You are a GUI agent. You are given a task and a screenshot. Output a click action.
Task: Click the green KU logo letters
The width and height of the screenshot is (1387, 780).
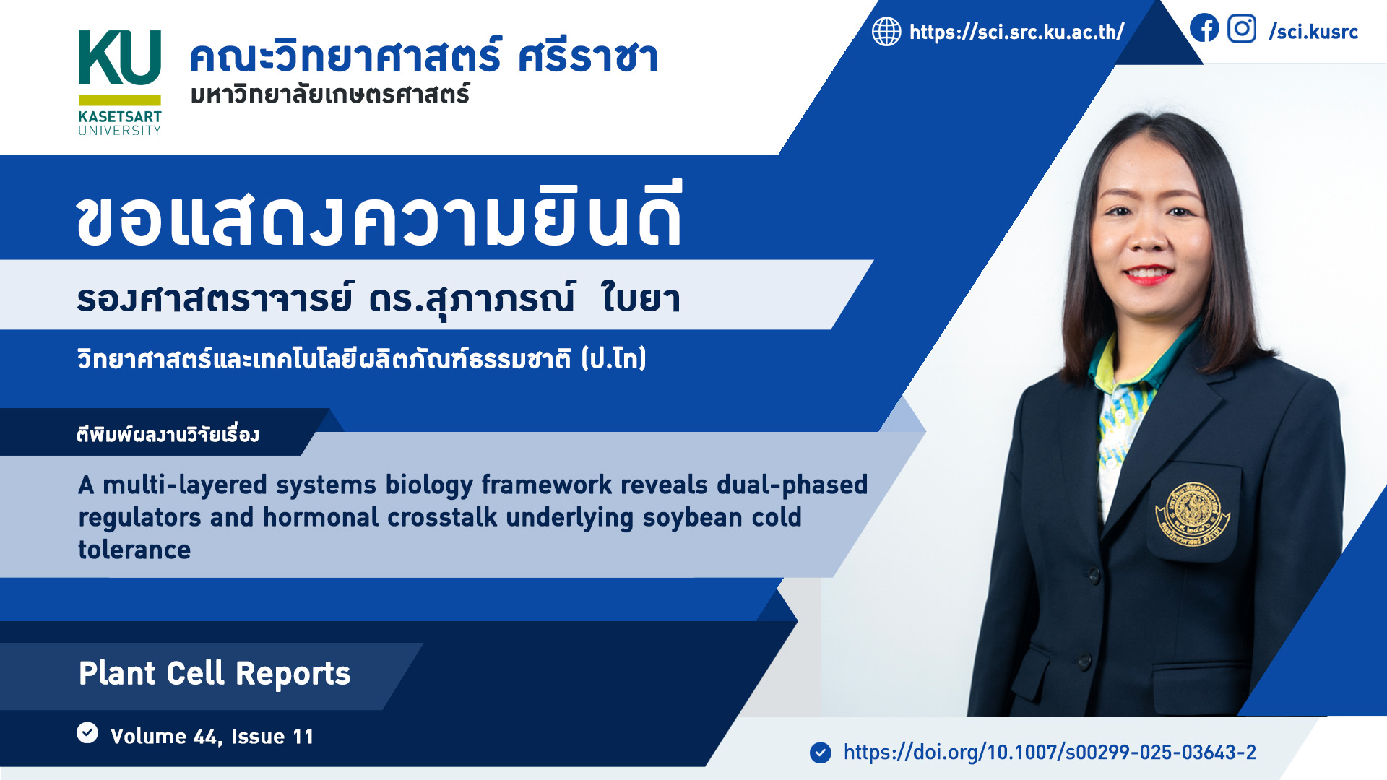(x=119, y=58)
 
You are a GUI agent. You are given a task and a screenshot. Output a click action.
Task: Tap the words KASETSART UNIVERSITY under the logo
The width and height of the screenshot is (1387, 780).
(x=120, y=123)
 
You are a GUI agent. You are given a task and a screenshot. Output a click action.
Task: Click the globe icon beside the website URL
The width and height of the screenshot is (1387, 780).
(x=886, y=32)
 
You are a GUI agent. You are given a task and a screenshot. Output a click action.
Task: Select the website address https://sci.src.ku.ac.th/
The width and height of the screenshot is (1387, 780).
(x=1016, y=32)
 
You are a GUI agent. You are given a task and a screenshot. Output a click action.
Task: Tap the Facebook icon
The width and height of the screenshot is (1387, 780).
(x=1204, y=28)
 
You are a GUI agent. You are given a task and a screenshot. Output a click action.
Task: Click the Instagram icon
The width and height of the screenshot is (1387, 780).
(x=1242, y=28)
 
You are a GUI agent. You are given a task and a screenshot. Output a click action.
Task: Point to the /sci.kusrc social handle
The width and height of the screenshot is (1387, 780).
(x=1313, y=32)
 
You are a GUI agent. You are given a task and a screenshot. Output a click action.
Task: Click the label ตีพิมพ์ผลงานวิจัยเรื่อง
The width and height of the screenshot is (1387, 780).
(x=168, y=434)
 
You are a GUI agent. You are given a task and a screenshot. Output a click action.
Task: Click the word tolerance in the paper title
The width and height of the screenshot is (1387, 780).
(x=134, y=550)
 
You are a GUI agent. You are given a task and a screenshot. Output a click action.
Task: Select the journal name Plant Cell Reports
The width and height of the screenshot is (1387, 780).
(x=215, y=674)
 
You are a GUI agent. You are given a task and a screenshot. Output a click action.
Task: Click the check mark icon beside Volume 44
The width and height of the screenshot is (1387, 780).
(x=87, y=732)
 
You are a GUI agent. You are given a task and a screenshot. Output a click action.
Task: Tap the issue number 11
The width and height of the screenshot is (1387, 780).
(x=303, y=737)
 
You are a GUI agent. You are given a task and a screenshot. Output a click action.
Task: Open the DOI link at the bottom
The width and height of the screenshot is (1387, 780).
(x=1050, y=753)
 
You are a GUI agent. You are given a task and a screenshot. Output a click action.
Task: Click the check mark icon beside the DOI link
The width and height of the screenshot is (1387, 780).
(x=821, y=753)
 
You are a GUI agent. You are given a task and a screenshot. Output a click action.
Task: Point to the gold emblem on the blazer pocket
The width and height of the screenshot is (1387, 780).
(x=1193, y=514)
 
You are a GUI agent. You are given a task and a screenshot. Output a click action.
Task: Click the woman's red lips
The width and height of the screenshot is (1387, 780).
(x=1149, y=275)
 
